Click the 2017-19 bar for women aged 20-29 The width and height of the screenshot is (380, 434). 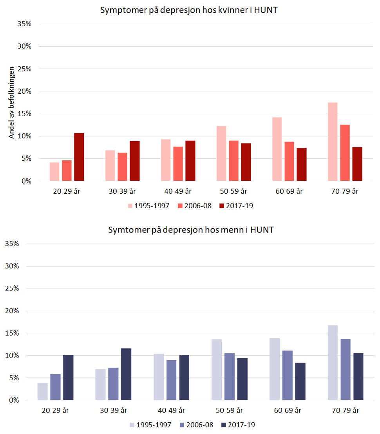(79, 157)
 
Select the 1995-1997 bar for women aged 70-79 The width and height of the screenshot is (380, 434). (333, 142)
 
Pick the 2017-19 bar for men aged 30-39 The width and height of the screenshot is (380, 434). (126, 374)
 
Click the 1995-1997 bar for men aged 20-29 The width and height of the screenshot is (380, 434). (42, 391)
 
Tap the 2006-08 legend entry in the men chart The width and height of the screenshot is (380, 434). (196, 425)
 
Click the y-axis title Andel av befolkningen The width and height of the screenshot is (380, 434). (12, 103)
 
